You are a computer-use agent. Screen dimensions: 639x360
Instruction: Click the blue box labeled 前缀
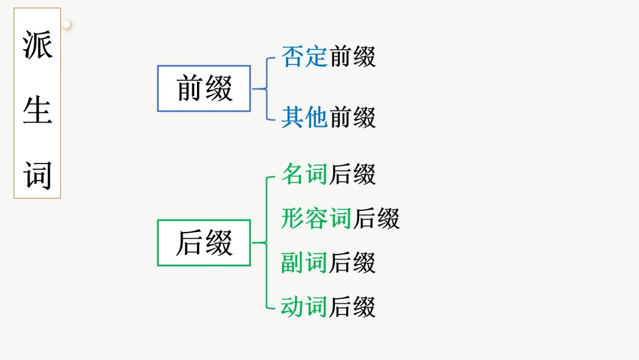click(204, 88)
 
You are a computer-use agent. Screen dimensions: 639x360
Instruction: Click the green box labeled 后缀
click(204, 243)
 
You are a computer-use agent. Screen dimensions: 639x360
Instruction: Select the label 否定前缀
click(328, 57)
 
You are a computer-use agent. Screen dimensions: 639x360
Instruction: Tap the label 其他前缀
click(328, 117)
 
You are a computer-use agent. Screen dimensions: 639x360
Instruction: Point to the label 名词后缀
click(328, 175)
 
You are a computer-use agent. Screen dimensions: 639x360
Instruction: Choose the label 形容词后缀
click(340, 218)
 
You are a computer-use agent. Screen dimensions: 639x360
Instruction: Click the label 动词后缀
click(328, 307)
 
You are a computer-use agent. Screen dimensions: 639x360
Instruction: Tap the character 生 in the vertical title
click(37, 110)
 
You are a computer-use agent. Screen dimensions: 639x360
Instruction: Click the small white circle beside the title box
click(67, 24)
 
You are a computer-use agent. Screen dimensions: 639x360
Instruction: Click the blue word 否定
click(305, 57)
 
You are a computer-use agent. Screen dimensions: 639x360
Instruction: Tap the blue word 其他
click(305, 117)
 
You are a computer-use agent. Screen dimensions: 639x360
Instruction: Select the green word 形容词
click(317, 218)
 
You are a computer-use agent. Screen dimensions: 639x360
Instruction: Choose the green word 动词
click(305, 307)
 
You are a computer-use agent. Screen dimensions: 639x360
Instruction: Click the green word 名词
click(305, 175)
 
